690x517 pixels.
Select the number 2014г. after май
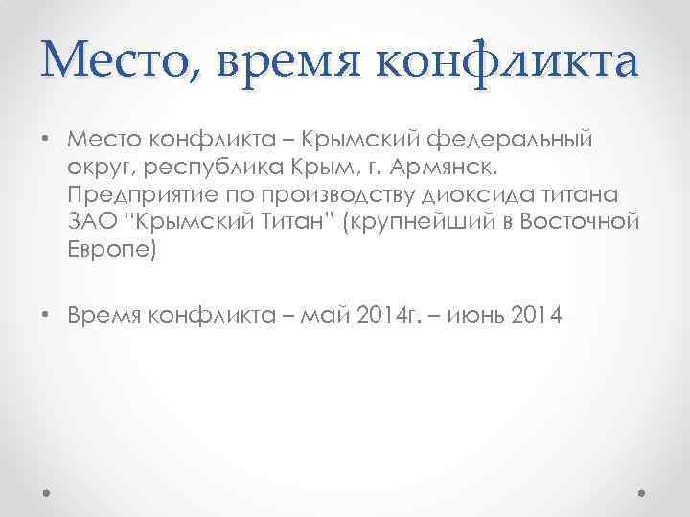click(x=421, y=316)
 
